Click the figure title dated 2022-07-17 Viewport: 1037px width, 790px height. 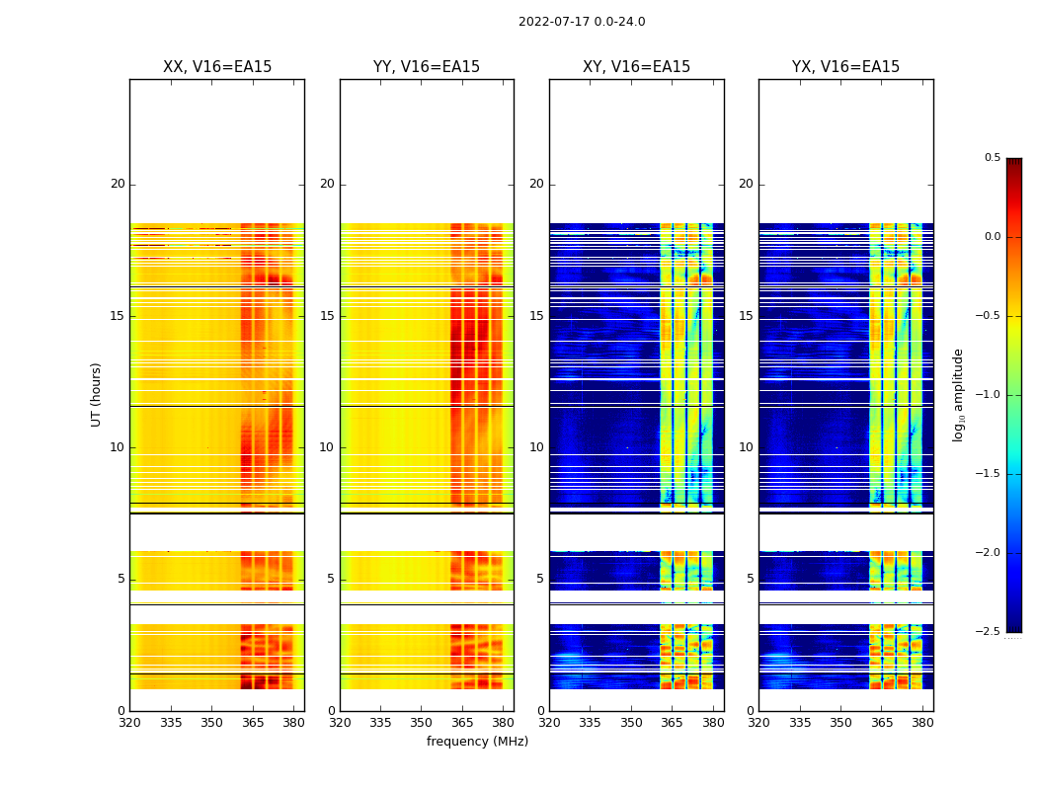(x=582, y=22)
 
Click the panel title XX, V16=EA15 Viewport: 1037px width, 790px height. (x=217, y=67)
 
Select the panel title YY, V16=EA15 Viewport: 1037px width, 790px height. (x=427, y=67)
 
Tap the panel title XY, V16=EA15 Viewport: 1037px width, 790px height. (x=636, y=67)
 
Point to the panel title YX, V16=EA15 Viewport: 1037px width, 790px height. (x=845, y=67)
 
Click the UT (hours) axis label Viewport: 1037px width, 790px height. (x=96, y=394)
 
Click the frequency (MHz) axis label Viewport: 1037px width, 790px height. (x=477, y=742)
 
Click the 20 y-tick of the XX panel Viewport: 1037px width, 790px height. (x=118, y=184)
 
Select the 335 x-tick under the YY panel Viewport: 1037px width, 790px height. (x=380, y=723)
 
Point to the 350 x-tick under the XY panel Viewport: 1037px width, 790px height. (x=631, y=723)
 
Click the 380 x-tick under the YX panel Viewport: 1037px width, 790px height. (x=922, y=723)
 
